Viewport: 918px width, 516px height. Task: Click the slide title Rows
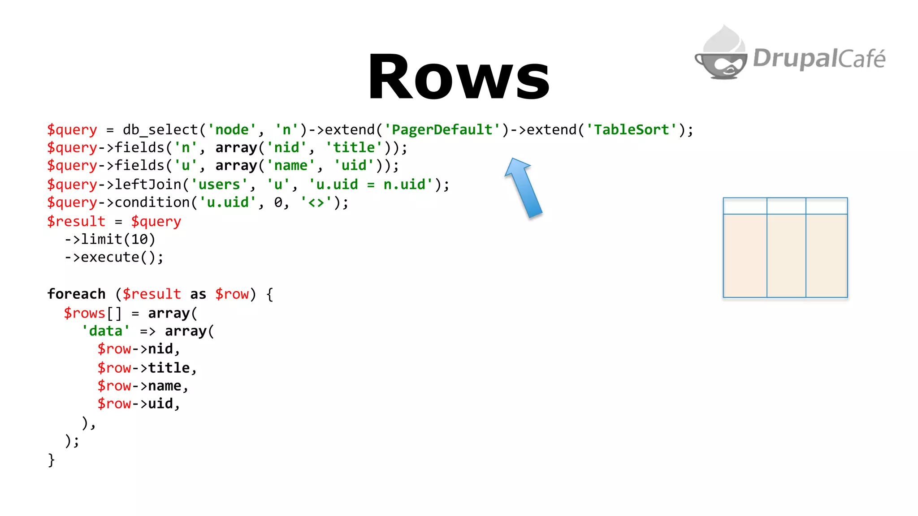click(x=459, y=77)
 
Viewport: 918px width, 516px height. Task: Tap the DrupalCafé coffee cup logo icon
click(x=721, y=55)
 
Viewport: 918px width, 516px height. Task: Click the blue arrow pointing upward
click(x=523, y=188)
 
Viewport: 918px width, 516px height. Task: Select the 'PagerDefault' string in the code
click(x=442, y=130)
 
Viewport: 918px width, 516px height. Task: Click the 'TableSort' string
click(x=632, y=130)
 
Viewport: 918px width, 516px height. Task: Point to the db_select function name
click(x=160, y=130)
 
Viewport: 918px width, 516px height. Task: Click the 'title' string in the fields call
click(x=354, y=148)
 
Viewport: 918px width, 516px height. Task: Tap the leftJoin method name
click(x=148, y=185)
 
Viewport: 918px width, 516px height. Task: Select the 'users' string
click(x=219, y=185)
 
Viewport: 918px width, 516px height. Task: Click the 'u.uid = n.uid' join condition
click(x=371, y=185)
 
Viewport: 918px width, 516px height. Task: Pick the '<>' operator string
click(x=316, y=203)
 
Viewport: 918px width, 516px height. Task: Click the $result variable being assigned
click(x=76, y=221)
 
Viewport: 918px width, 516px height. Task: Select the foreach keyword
click(x=76, y=294)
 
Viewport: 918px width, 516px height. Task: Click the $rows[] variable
click(x=92, y=313)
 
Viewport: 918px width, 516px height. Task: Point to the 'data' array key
click(x=106, y=331)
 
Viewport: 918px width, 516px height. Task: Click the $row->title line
click(x=147, y=368)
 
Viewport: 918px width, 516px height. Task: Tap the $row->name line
click(x=143, y=386)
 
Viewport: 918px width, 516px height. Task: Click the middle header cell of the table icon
click(x=786, y=206)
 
